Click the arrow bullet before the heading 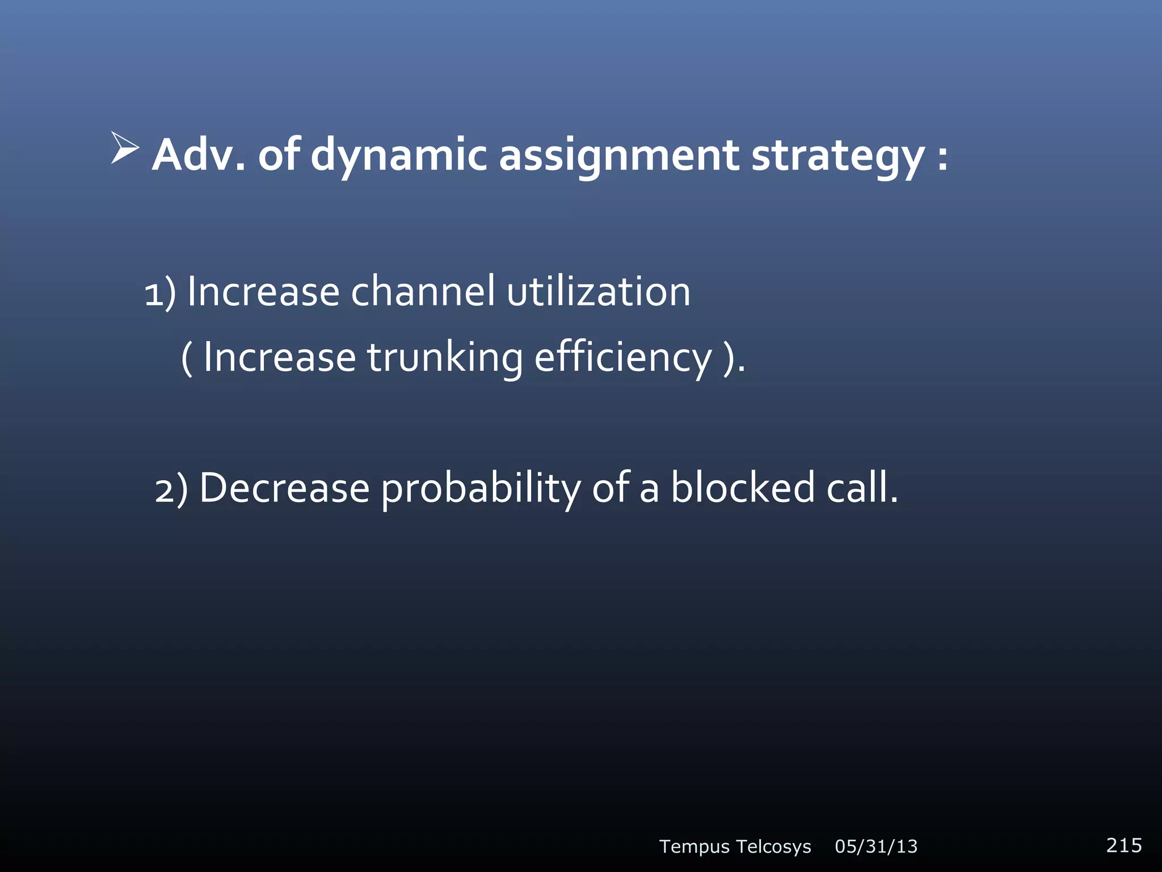[125, 149]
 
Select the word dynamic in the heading [399, 155]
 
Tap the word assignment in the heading [619, 155]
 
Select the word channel [423, 292]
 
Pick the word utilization [599, 292]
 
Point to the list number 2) [171, 489]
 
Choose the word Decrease [284, 488]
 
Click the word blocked [743, 488]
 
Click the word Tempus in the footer [694, 846]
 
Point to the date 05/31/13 [876, 846]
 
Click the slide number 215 [1123, 845]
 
